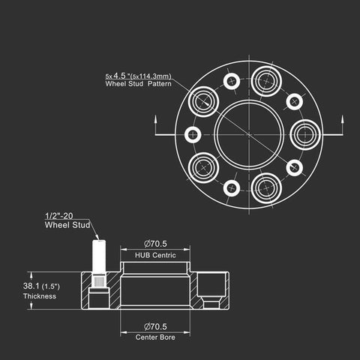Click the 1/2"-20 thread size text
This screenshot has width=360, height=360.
pyautogui.click(x=59, y=216)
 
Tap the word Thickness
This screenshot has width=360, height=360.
pyautogui.click(x=40, y=296)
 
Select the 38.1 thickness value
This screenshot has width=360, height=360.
pyautogui.click(x=31, y=286)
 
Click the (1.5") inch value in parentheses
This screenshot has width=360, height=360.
pyautogui.click(x=51, y=286)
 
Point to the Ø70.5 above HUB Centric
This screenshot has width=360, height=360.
pyautogui.click(x=155, y=244)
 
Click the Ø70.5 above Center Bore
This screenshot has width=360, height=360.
pyautogui.click(x=155, y=326)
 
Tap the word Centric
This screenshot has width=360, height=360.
pyautogui.click(x=164, y=255)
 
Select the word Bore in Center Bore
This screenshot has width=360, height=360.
pyautogui.click(x=168, y=337)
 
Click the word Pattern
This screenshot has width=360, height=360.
pyautogui.click(x=160, y=83)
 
